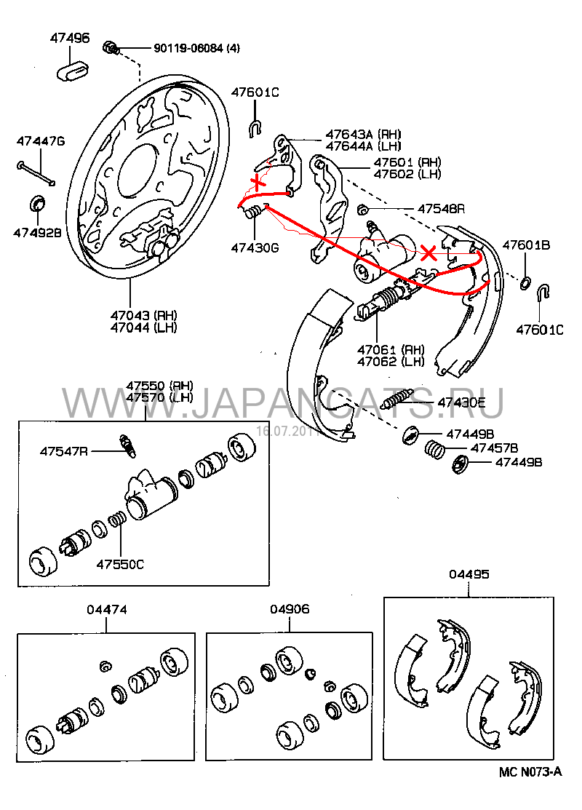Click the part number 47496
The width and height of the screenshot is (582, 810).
point(70,38)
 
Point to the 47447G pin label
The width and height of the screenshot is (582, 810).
point(41,140)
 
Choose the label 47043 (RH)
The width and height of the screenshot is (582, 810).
point(144,315)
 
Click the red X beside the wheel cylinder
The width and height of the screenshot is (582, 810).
point(430,253)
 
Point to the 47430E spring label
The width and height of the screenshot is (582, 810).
point(461,402)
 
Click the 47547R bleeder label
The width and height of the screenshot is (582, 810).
point(64,451)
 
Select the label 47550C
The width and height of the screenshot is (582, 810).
point(121,563)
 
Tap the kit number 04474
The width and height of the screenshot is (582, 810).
point(106,609)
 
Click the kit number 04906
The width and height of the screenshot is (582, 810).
point(290,609)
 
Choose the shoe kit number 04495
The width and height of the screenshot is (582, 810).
point(469,574)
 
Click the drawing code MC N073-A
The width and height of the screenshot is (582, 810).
point(530,772)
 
